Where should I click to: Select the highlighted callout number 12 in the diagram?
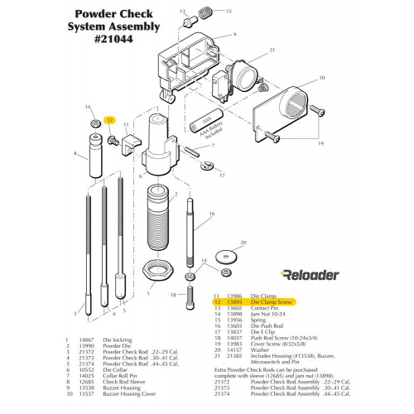(x=109, y=119)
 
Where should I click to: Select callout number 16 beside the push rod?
(x=211, y=214)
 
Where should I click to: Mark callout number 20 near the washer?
(x=242, y=244)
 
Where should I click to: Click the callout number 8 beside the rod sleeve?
(x=76, y=153)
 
